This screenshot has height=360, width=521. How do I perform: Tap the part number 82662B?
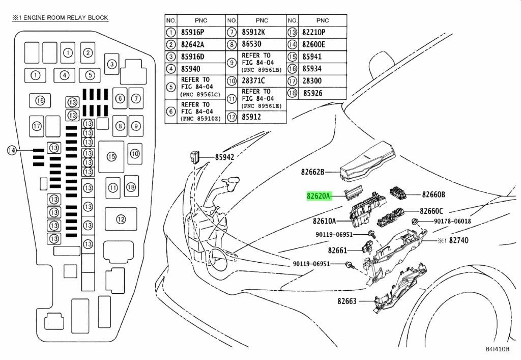(312, 172)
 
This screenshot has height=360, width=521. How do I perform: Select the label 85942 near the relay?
(224, 157)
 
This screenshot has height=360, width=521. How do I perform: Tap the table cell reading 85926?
(313, 93)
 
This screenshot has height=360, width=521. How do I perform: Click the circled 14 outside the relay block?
(12, 150)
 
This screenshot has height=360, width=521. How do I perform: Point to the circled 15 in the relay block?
(111, 157)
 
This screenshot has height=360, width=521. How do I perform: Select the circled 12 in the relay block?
(120, 219)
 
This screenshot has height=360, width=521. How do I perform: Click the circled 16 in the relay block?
(40, 101)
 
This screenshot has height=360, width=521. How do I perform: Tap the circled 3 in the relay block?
(112, 64)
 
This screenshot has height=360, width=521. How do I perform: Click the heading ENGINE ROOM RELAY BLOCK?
(60, 18)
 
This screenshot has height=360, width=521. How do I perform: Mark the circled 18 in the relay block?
(131, 187)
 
